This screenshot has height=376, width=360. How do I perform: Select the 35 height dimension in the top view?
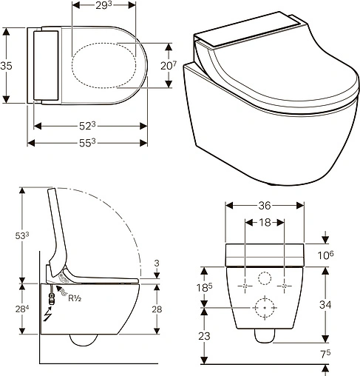(x=7, y=66)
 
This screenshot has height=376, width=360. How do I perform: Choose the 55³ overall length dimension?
(x=88, y=142)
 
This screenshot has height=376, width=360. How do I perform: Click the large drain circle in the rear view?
(x=264, y=306)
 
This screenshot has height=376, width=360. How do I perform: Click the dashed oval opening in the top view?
(x=106, y=64)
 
